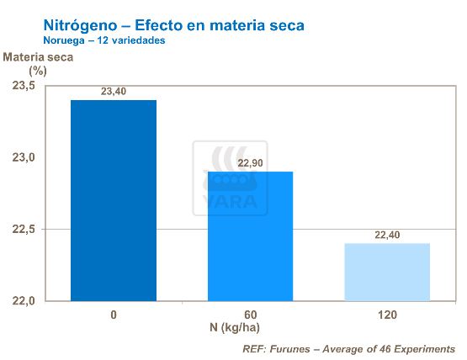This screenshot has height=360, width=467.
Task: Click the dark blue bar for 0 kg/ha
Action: point(114,200)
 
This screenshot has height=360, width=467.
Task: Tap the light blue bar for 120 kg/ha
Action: point(388,272)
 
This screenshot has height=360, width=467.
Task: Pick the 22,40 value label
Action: point(388,236)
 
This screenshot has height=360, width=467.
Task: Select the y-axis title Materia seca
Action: point(39,57)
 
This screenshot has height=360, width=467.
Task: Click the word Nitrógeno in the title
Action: point(80,25)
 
